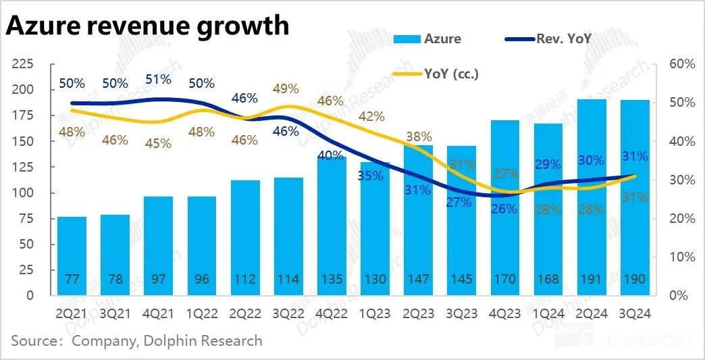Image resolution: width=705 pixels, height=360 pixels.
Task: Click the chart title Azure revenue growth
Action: [147, 26]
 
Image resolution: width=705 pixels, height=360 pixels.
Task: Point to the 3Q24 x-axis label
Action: [635, 314]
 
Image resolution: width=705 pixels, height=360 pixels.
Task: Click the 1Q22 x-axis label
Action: [201, 314]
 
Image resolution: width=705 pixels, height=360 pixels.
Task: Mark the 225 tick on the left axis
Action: [25, 64]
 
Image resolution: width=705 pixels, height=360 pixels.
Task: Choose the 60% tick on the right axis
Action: [681, 64]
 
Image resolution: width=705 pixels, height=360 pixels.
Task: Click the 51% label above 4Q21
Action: [158, 79]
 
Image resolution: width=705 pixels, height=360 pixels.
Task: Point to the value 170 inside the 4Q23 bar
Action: [505, 278]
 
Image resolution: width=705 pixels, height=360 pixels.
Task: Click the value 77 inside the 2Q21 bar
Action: [72, 278]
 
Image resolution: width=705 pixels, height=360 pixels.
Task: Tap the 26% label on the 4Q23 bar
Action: [504, 209]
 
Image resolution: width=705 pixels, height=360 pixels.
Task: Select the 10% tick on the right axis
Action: [681, 257]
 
